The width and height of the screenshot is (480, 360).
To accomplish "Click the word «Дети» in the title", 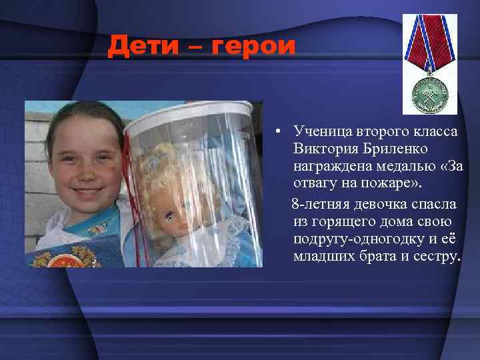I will (x=139, y=46).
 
